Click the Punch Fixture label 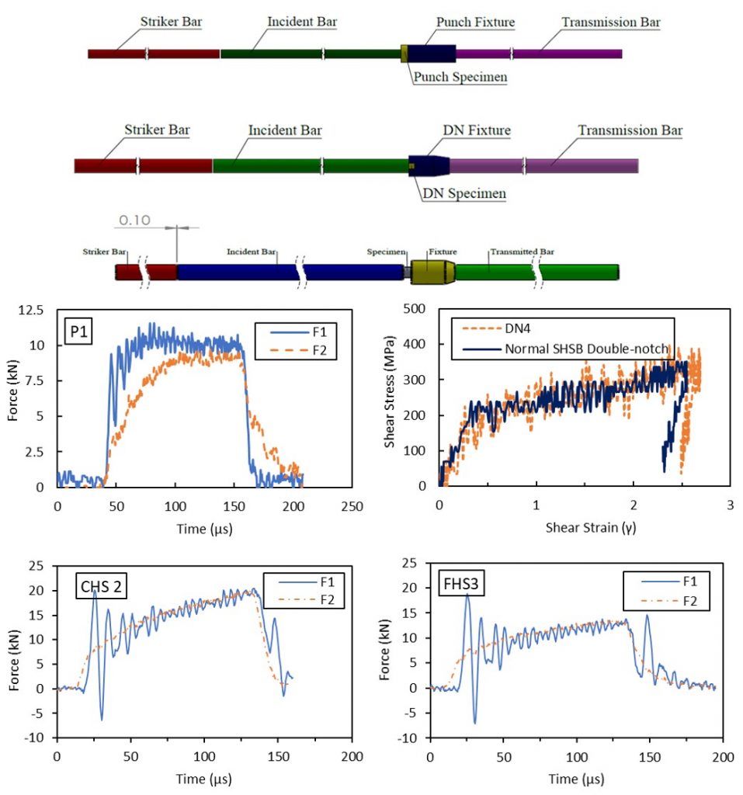(475, 23)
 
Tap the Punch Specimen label (460, 77)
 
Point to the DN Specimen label (464, 193)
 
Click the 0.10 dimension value (133, 220)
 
